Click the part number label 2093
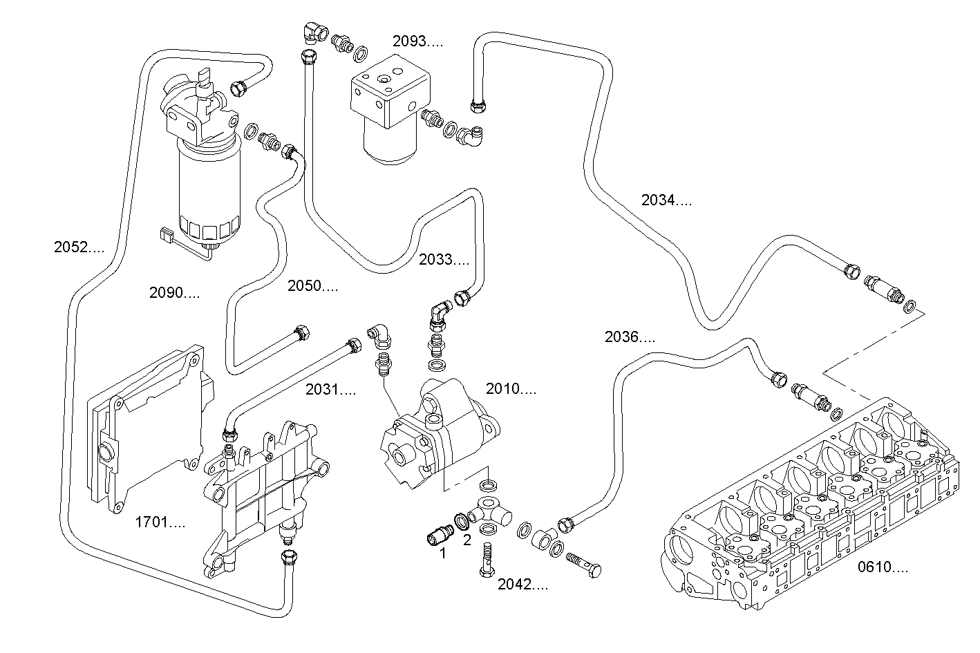pyautogui.click(x=417, y=41)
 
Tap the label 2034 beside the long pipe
pyautogui.click(x=666, y=201)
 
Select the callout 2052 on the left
pyautogui.click(x=79, y=247)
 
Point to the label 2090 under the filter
pyautogui.click(x=174, y=293)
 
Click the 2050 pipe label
pyautogui.click(x=312, y=286)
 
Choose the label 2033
pyautogui.click(x=444, y=261)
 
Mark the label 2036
pyautogui.click(x=629, y=337)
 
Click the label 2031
pyautogui.click(x=330, y=390)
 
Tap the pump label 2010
pyautogui.click(x=510, y=390)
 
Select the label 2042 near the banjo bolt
pyautogui.click(x=522, y=585)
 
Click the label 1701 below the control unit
pyautogui.click(x=160, y=522)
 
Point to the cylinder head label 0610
pyautogui.click(x=883, y=568)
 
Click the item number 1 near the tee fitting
pyautogui.click(x=442, y=553)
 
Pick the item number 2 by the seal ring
pyautogui.click(x=467, y=540)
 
